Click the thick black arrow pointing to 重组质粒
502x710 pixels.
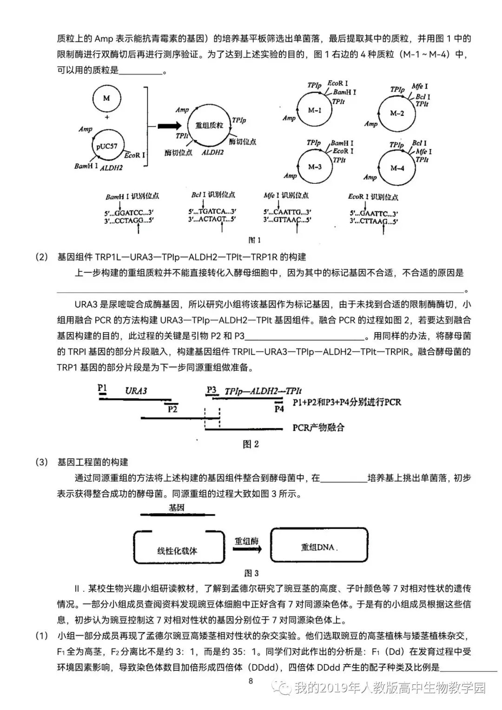(170, 126)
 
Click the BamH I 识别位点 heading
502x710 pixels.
(132, 196)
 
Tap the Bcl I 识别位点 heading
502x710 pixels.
(213, 194)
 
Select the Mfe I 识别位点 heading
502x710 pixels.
(286, 195)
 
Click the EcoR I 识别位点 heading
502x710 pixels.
(373, 197)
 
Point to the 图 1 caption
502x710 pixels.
(254, 240)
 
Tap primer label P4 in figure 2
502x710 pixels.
(279, 409)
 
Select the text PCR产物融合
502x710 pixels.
(318, 428)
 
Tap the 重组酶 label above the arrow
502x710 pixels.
(246, 541)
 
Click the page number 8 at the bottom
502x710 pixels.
(251, 681)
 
